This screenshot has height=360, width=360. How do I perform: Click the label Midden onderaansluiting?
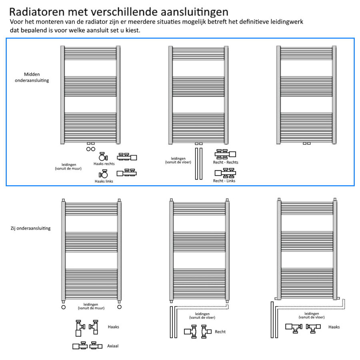(36, 77)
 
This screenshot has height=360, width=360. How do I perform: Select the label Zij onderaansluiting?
(31, 228)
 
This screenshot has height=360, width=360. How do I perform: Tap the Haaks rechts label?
(104, 164)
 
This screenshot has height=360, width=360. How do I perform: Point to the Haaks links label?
(104, 181)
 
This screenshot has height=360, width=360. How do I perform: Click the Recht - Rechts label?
(226, 162)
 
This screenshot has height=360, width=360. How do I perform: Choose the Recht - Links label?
(224, 181)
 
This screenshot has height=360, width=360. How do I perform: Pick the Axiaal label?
(113, 346)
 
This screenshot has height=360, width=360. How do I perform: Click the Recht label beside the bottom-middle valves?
(220, 332)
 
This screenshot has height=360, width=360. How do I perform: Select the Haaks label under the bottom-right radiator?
(334, 327)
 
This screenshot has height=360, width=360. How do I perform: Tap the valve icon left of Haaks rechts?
(102, 157)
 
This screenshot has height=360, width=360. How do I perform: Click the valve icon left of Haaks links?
(104, 174)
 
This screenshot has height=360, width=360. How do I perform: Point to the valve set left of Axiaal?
(85, 346)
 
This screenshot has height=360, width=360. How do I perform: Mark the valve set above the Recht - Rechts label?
(225, 154)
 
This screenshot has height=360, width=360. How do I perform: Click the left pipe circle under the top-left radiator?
(88, 149)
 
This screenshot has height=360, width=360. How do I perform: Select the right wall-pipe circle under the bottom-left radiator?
(119, 307)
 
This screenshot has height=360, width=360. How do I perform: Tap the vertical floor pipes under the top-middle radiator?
(198, 164)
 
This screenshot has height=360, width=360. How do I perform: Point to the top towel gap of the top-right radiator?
(306, 68)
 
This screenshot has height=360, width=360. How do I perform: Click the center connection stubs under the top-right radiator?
(306, 143)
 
